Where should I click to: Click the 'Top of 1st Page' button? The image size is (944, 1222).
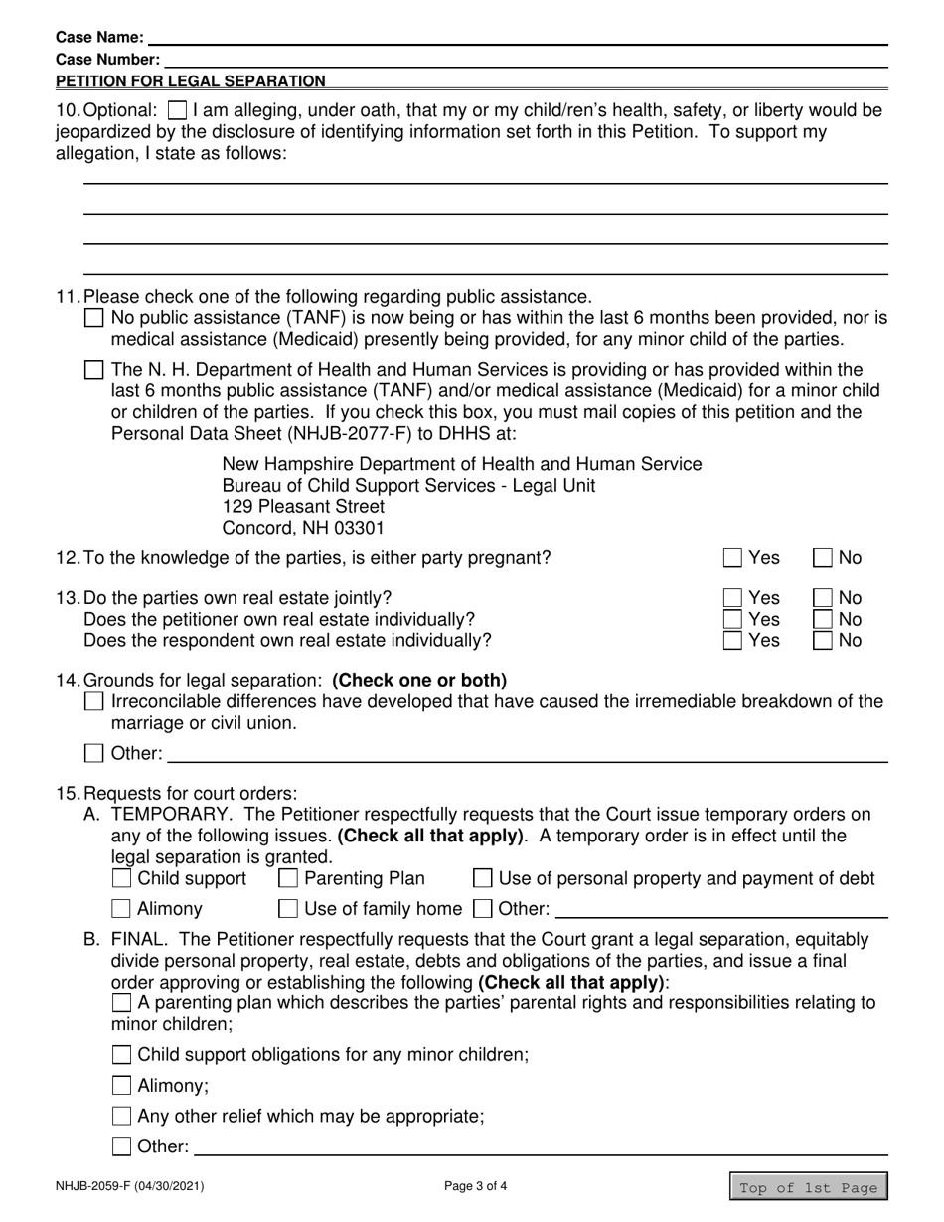pyautogui.click(x=809, y=1187)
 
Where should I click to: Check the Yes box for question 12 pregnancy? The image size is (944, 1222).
pyautogui.click(x=732, y=558)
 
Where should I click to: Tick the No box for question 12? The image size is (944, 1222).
pyautogui.click(x=824, y=558)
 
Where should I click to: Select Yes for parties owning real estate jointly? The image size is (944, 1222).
pyautogui.click(x=732, y=598)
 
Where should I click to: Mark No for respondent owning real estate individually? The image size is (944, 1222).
pyautogui.click(x=824, y=641)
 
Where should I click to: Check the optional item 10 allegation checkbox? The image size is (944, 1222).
pyautogui.click(x=177, y=110)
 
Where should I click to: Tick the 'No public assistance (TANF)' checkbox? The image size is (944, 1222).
pyautogui.click(x=94, y=319)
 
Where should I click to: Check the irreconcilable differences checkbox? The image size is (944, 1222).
pyautogui.click(x=94, y=702)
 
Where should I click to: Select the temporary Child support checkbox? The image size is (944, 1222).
pyautogui.click(x=121, y=879)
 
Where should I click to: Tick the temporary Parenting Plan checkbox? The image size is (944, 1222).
pyautogui.click(x=288, y=879)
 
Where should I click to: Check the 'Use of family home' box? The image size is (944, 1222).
pyautogui.click(x=288, y=909)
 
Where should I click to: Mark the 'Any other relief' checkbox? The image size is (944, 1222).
pyautogui.click(x=121, y=1116)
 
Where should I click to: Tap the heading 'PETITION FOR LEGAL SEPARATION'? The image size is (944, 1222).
pyautogui.click(x=191, y=81)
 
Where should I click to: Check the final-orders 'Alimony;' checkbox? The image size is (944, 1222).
pyautogui.click(x=121, y=1086)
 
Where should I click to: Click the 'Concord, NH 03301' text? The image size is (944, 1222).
pyautogui.click(x=303, y=528)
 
